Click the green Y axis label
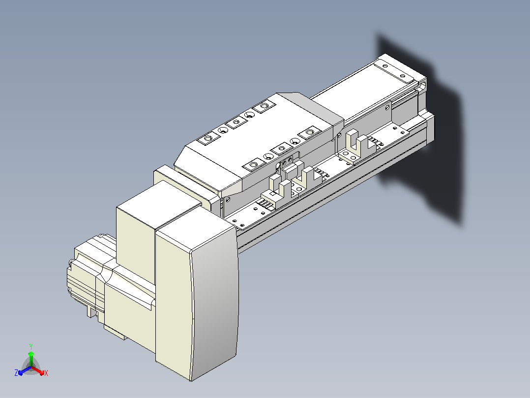click(31, 347)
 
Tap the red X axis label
click(46, 373)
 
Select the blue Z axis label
click(16, 373)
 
